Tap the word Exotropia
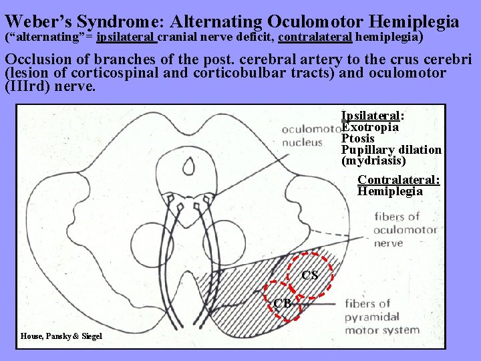pyautogui.click(x=370, y=127)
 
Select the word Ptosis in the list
pyautogui.click(x=358, y=138)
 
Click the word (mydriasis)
pyautogui.click(x=373, y=161)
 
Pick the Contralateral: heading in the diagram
pyautogui.click(x=399, y=180)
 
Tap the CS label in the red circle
pyautogui.click(x=309, y=275)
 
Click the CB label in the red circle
pyautogui.click(x=282, y=304)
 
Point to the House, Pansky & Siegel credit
pyautogui.click(x=61, y=336)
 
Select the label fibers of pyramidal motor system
pyautogui.click(x=373, y=317)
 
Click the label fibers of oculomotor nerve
pyautogui.click(x=406, y=229)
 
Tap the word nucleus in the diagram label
pyautogui.click(x=301, y=142)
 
